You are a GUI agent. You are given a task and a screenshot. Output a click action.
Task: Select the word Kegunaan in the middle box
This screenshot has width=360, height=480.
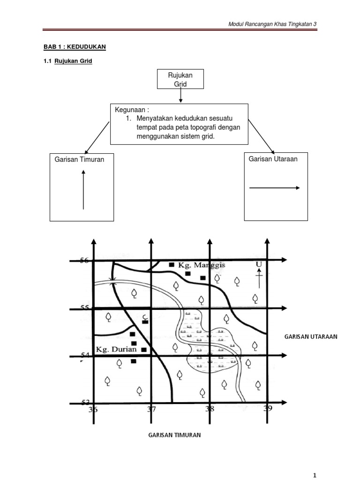pos(128,110)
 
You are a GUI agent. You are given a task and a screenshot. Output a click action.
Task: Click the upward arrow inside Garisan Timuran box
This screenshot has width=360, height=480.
pos(83,190)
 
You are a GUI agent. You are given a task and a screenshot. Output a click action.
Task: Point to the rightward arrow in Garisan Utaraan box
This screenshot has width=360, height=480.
pos(274,188)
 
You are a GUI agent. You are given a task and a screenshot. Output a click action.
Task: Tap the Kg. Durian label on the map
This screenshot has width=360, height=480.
pos(116,349)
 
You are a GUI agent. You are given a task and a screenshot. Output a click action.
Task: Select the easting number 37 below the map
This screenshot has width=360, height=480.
pos(151,410)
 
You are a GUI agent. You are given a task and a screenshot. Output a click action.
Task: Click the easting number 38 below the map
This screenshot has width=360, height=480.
pos(210,409)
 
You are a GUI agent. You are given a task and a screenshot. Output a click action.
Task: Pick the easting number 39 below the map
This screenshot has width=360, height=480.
pos(268,409)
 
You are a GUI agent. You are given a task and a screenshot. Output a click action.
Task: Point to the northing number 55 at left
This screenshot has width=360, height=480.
pos(84,308)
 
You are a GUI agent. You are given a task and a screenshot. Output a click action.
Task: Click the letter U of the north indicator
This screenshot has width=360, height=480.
pos(258,265)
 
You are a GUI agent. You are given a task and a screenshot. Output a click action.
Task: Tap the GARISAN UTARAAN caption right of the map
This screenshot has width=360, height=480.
pos(311,337)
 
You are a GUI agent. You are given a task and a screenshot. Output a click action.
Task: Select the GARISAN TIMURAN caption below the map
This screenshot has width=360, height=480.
pos(174,435)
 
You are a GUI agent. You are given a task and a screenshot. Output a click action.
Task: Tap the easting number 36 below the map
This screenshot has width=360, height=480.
pos(93,410)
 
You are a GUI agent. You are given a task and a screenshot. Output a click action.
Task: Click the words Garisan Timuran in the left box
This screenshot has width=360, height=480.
pos(79,160)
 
